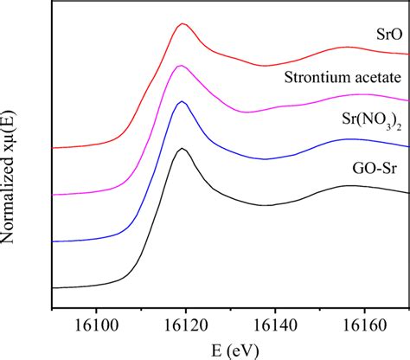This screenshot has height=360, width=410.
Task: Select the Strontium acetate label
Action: tap(343, 79)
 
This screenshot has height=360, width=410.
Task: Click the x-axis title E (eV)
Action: tap(229, 347)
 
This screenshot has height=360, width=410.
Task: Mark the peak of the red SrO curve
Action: tap(183, 24)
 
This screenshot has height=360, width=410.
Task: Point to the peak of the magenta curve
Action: tap(180, 66)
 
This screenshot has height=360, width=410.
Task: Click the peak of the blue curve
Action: tap(182, 102)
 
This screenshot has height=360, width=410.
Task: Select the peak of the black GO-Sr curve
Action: tap(182, 149)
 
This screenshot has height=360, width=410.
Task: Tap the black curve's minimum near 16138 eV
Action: tap(266, 205)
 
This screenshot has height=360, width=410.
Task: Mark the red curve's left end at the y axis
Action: tap(54, 148)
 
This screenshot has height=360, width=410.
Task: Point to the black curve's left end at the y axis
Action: tap(54, 287)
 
